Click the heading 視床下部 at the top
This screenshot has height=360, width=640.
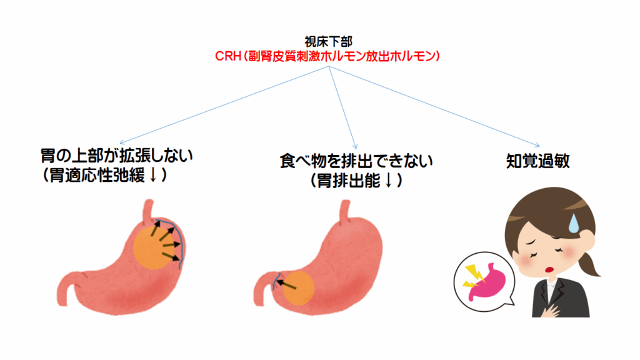[x=329, y=42]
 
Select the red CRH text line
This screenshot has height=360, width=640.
[x=329, y=56]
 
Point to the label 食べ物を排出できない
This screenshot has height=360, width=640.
[x=356, y=162]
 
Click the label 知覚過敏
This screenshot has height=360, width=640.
[x=537, y=161]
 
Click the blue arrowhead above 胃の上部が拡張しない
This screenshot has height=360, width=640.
[x=121, y=142]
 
